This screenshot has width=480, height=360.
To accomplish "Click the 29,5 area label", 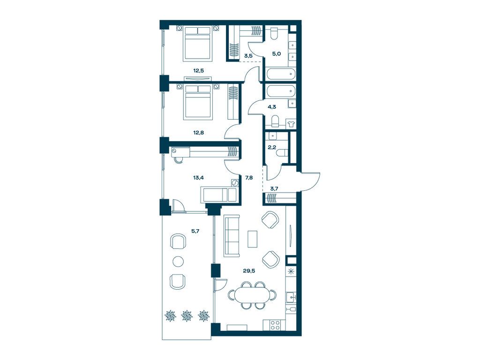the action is [x=249, y=270].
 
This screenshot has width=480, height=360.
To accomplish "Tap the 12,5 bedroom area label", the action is [x=198, y=70].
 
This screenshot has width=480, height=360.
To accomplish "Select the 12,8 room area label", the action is [x=198, y=133].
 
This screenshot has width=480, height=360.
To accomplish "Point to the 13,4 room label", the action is [x=198, y=177].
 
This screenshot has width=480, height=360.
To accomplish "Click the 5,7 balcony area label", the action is [x=195, y=231].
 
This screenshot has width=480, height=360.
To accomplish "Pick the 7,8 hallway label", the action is [x=249, y=177].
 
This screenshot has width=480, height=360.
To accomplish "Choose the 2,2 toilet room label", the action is [x=272, y=147].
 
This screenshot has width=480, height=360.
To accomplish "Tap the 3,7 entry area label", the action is [x=274, y=188].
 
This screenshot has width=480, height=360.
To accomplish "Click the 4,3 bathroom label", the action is [x=272, y=107].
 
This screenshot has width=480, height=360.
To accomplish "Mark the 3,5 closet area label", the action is [x=248, y=56].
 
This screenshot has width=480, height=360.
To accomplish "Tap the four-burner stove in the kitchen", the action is [x=275, y=325].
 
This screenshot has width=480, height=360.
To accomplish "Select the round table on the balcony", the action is [x=178, y=261].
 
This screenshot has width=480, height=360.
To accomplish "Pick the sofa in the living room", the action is [x=232, y=235].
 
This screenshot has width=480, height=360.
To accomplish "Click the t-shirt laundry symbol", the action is [x=291, y=124].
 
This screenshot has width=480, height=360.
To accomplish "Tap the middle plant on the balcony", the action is [x=187, y=315].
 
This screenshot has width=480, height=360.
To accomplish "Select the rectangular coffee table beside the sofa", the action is [x=253, y=239].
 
